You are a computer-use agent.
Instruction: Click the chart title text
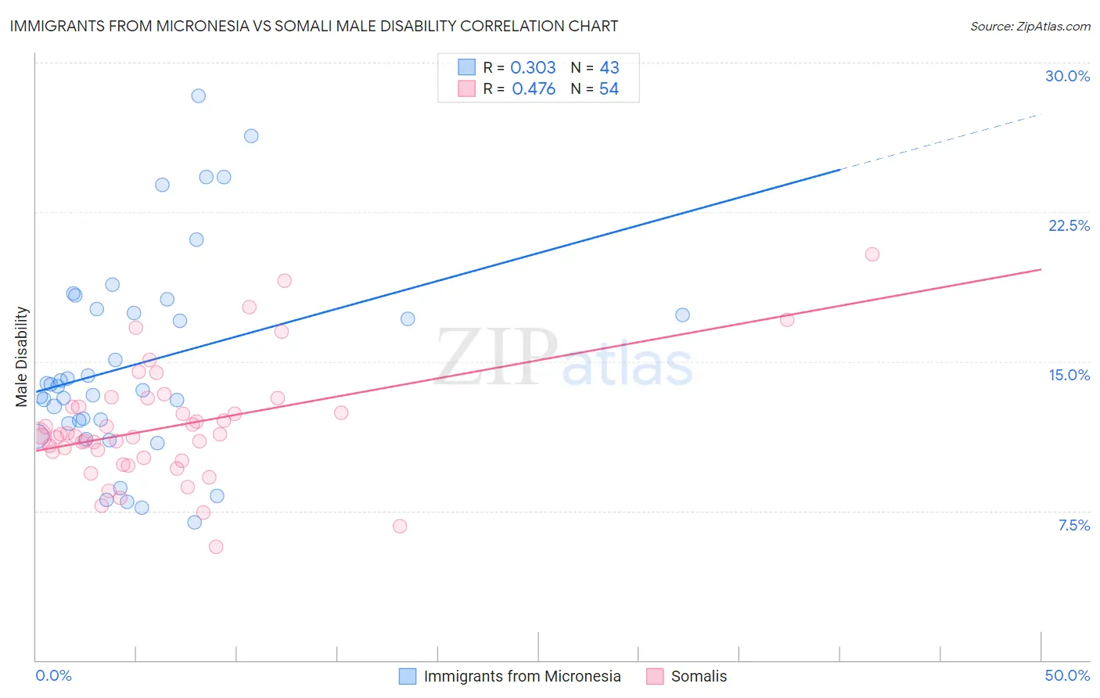[314, 26]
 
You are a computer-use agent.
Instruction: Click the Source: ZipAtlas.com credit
[1030, 26]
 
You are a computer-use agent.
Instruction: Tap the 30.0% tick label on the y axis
[1067, 76]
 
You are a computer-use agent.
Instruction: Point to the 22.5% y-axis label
[1069, 225]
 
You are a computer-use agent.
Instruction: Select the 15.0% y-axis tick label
[1069, 375]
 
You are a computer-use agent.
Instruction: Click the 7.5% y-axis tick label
[1073, 525]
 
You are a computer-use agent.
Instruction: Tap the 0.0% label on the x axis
[53, 675]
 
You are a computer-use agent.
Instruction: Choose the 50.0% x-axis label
[1067, 675]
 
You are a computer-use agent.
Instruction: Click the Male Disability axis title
[22, 356]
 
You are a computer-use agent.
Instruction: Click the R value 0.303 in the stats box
[533, 67]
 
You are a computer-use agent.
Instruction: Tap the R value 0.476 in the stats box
[534, 89]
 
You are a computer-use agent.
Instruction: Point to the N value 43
[609, 67]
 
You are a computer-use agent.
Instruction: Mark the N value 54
[609, 89]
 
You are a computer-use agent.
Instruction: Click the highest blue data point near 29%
[199, 95]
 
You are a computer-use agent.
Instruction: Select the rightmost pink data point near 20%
[872, 254]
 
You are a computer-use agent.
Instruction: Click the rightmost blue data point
[682, 315]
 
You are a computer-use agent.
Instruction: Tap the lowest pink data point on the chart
[216, 547]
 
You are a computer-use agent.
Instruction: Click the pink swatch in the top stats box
[467, 88]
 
